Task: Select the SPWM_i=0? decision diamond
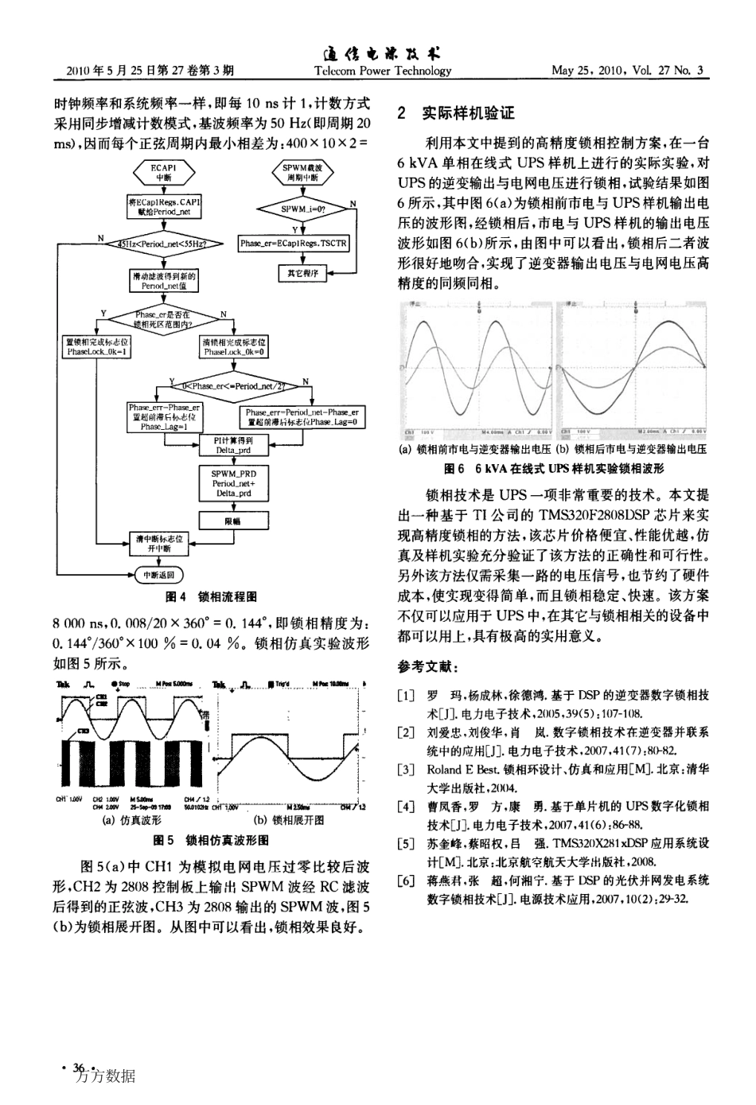coord(303,208)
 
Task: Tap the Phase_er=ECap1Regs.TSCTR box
coord(294,244)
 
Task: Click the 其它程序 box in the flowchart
coord(302,274)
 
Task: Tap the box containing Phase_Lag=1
coord(165,416)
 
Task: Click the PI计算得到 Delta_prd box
coord(233,445)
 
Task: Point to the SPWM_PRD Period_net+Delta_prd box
coord(233,483)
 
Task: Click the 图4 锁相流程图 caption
coord(210,596)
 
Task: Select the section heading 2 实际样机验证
coord(457,114)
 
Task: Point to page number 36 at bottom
coord(79,1068)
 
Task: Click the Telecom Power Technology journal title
coord(383,71)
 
